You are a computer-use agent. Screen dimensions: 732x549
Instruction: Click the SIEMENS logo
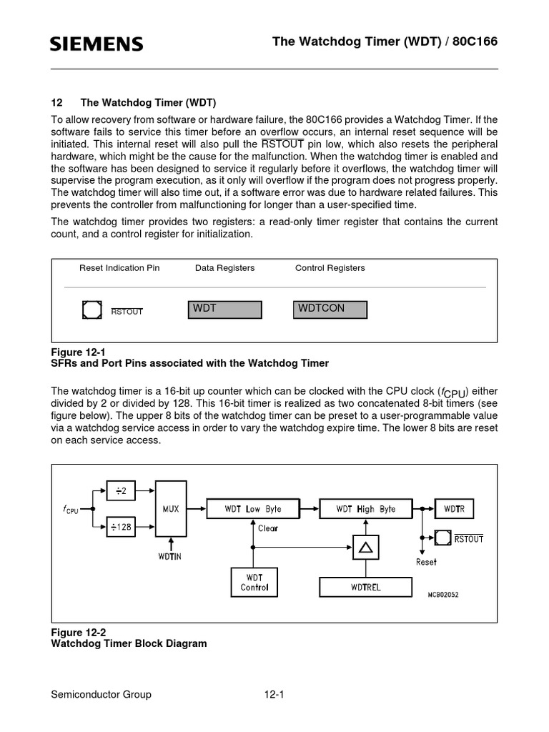[x=97, y=45]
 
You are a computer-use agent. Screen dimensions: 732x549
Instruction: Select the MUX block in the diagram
[x=171, y=509]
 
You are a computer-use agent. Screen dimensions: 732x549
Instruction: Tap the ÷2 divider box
[x=120, y=490]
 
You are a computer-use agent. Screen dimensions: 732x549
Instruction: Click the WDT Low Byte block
[x=253, y=509]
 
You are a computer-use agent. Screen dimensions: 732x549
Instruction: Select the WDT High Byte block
[x=365, y=509]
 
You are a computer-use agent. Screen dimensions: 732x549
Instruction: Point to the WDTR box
[x=454, y=509]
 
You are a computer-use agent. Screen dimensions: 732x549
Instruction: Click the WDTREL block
[x=365, y=587]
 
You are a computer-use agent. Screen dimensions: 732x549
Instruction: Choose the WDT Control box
[x=254, y=582]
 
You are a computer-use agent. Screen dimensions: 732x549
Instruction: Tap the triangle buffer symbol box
[x=365, y=548]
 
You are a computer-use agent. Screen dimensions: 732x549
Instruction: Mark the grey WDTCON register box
[x=330, y=309]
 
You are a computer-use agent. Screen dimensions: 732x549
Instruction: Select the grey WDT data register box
[x=224, y=309]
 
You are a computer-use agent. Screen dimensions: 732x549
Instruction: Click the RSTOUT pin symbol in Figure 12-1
[x=91, y=310]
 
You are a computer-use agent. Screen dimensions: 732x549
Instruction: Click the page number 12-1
[x=274, y=694]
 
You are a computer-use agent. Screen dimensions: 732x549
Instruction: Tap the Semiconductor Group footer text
[x=101, y=694]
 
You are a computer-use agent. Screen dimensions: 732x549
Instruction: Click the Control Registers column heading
[x=330, y=268]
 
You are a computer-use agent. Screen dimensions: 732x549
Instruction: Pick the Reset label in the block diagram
[x=426, y=562]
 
